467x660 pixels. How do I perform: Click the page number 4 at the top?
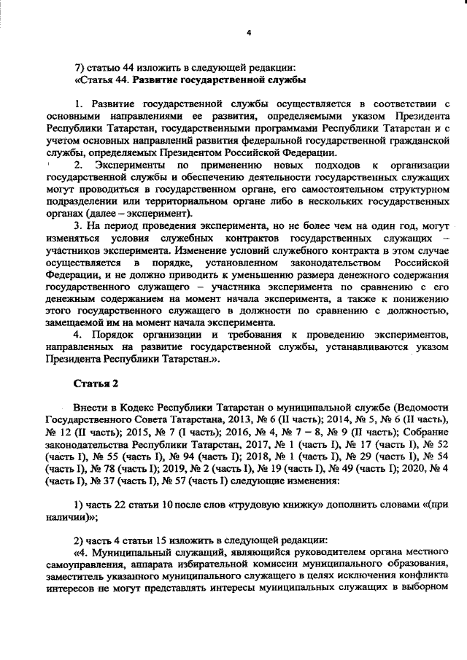tap(249, 33)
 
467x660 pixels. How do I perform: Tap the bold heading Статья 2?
tap(95, 383)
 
